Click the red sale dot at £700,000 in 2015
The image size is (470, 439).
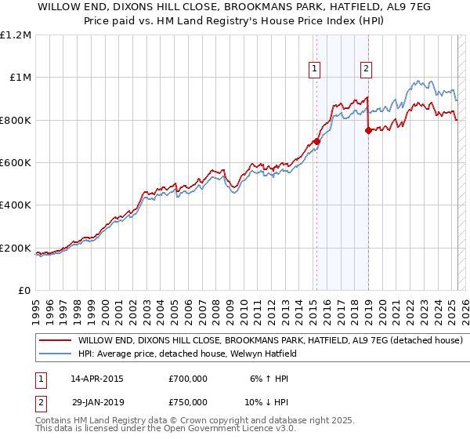point(316,141)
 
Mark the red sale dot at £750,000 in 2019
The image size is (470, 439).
point(367,131)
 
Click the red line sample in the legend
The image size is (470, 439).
point(55,341)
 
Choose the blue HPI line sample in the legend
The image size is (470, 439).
point(55,354)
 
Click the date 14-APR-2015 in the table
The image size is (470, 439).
point(97,378)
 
